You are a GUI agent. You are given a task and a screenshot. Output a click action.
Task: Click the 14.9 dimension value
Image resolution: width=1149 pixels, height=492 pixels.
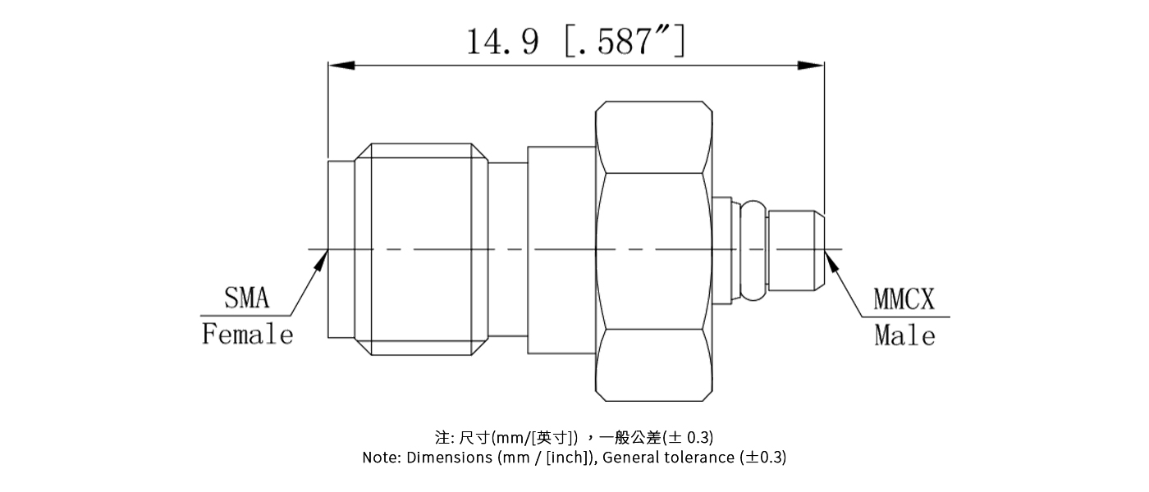click(x=502, y=41)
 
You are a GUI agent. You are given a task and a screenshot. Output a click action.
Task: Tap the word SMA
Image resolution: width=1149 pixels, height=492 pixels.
click(x=246, y=298)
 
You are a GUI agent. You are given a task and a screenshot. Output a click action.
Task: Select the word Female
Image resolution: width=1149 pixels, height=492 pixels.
click(x=247, y=335)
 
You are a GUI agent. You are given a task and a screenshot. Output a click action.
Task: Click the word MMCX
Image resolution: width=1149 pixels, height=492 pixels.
click(x=903, y=300)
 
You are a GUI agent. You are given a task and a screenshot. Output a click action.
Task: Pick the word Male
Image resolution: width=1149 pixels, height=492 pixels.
click(x=904, y=335)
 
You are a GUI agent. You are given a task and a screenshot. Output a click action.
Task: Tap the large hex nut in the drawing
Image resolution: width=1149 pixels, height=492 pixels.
click(x=653, y=251)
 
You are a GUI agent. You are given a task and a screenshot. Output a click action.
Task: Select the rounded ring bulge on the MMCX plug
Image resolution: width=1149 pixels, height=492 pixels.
click(x=753, y=249)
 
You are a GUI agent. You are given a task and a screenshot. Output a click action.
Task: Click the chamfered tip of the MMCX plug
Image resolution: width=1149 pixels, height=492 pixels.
click(x=819, y=249)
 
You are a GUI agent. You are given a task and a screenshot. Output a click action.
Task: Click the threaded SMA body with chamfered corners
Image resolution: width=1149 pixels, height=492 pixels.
click(x=422, y=249)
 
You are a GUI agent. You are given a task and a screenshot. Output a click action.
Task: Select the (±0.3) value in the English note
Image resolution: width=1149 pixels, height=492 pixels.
click(x=762, y=458)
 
